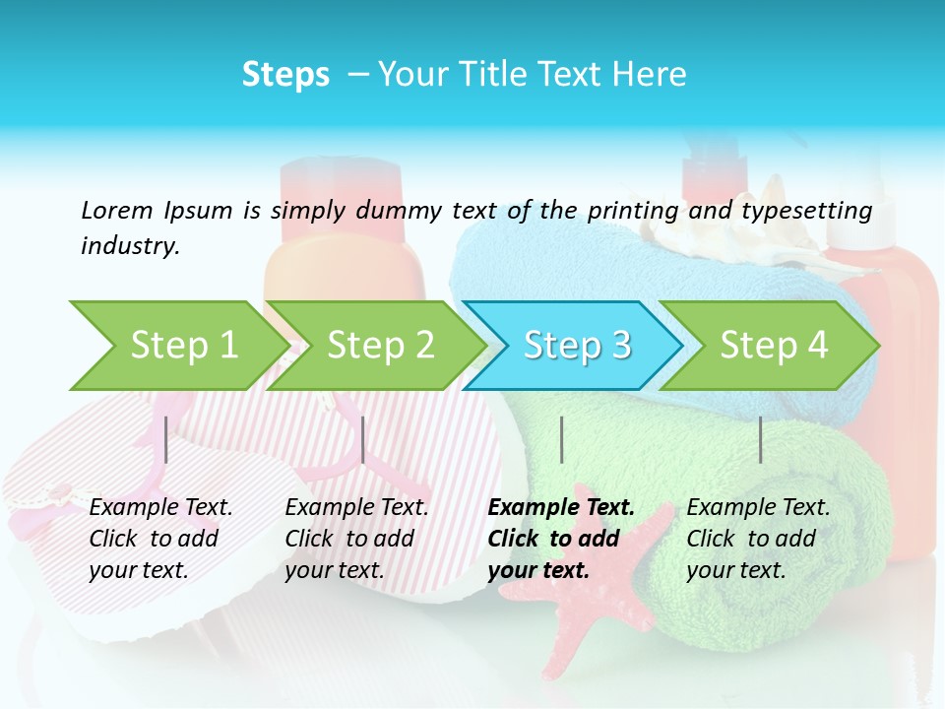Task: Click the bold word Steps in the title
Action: pyautogui.click(x=285, y=75)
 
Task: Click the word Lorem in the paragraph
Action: pyautogui.click(x=116, y=211)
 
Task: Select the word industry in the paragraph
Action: pyautogui.click(x=130, y=246)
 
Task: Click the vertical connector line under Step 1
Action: pyautogui.click(x=166, y=439)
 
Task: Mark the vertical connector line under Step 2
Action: pyautogui.click(x=363, y=439)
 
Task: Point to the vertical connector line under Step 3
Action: pyautogui.click(x=561, y=439)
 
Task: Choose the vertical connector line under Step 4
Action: pyautogui.click(x=760, y=439)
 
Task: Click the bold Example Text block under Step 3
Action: pyautogui.click(x=560, y=539)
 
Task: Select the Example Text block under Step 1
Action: pyautogui.click(x=160, y=539)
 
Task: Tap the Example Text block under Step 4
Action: pyautogui.click(x=758, y=539)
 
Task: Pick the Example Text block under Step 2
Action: pyautogui.click(x=356, y=539)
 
